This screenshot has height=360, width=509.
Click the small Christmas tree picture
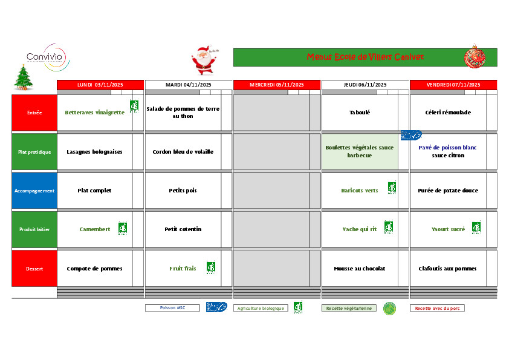click(x=23, y=77)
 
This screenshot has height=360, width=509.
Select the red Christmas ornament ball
click(x=475, y=57)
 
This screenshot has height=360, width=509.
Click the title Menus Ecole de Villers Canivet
click(x=365, y=57)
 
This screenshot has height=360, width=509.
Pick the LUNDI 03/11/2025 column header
click(x=100, y=85)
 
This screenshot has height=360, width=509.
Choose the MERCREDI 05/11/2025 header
click(x=277, y=85)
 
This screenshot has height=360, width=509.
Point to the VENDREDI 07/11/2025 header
click(x=453, y=85)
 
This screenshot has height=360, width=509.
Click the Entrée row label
click(x=34, y=113)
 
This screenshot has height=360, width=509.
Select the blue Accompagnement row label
click(x=34, y=191)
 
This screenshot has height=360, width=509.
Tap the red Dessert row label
click(x=34, y=269)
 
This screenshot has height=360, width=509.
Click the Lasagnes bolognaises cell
click(x=94, y=152)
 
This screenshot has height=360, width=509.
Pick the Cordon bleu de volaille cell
click(x=183, y=152)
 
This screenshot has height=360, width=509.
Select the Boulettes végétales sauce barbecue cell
click(x=359, y=151)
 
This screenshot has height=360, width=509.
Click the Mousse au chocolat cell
click(x=359, y=269)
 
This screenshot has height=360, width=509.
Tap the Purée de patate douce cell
click(x=447, y=191)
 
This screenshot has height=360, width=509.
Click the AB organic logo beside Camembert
click(x=123, y=229)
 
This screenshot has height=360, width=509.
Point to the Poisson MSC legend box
click(x=172, y=308)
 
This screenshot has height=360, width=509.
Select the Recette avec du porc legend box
click(x=437, y=308)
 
